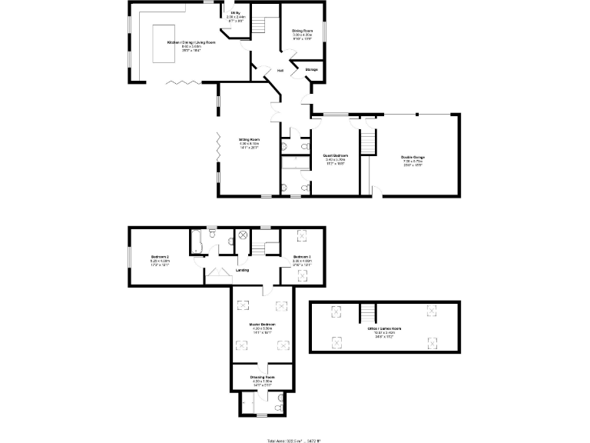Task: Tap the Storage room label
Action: coord(312,70)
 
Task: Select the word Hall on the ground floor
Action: coord(280,71)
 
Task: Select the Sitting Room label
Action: coord(249,140)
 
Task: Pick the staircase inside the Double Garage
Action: coord(370,141)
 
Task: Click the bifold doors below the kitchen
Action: coord(181,81)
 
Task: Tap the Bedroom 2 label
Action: coord(160,256)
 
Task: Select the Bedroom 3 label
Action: coord(301,257)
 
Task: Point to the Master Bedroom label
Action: coord(263,325)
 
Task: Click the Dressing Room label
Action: coord(263,377)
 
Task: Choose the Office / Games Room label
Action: coord(385,328)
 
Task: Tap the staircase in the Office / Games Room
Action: coord(370,312)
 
